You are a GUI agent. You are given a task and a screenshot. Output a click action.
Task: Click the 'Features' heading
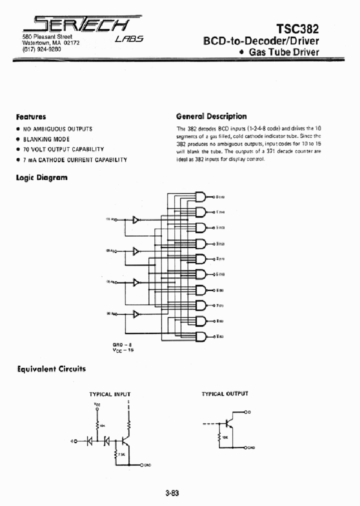pos(31,116)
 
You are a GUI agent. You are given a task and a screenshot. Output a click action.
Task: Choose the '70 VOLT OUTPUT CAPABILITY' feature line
pos(63,149)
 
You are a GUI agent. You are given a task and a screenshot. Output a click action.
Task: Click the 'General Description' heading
pos(211,116)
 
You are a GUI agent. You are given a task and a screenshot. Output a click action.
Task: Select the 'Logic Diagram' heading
pos(41,177)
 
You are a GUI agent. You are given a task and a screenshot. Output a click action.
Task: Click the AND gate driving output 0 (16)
pos(200,196)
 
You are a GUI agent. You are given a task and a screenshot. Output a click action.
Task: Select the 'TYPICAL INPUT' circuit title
pos(109,394)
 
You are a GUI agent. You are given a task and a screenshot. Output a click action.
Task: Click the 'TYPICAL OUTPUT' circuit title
pos(224,393)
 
